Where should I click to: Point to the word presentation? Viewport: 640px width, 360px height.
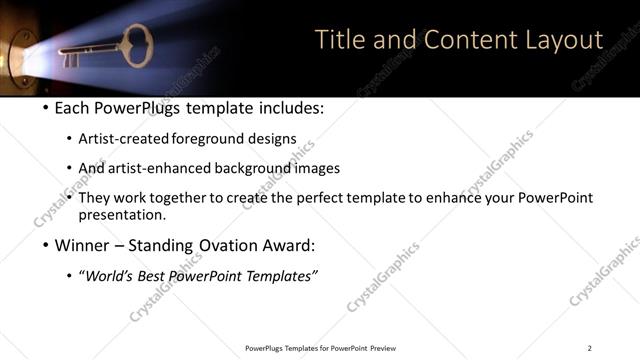point(118,215)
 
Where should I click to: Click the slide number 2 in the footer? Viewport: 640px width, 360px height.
point(589,348)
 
